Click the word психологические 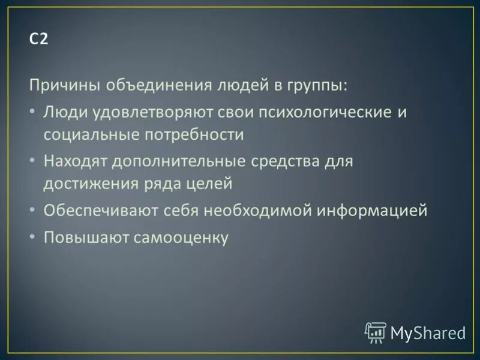pos(310,112)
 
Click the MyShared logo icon pos(376,332)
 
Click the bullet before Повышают pos(32,238)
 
